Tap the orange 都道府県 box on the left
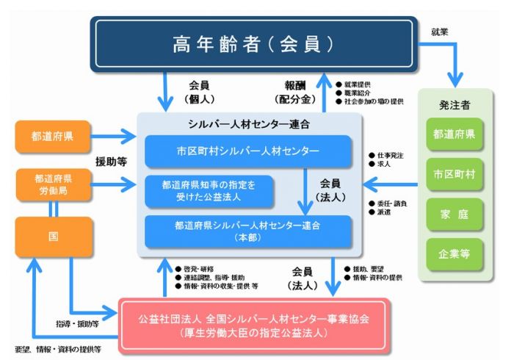point(52,137)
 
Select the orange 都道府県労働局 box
point(52,184)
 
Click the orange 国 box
point(52,237)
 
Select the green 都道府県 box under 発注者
point(455,134)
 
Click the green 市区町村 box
point(455,174)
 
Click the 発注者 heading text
point(455,102)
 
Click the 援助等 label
point(111,161)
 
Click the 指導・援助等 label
point(76,321)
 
